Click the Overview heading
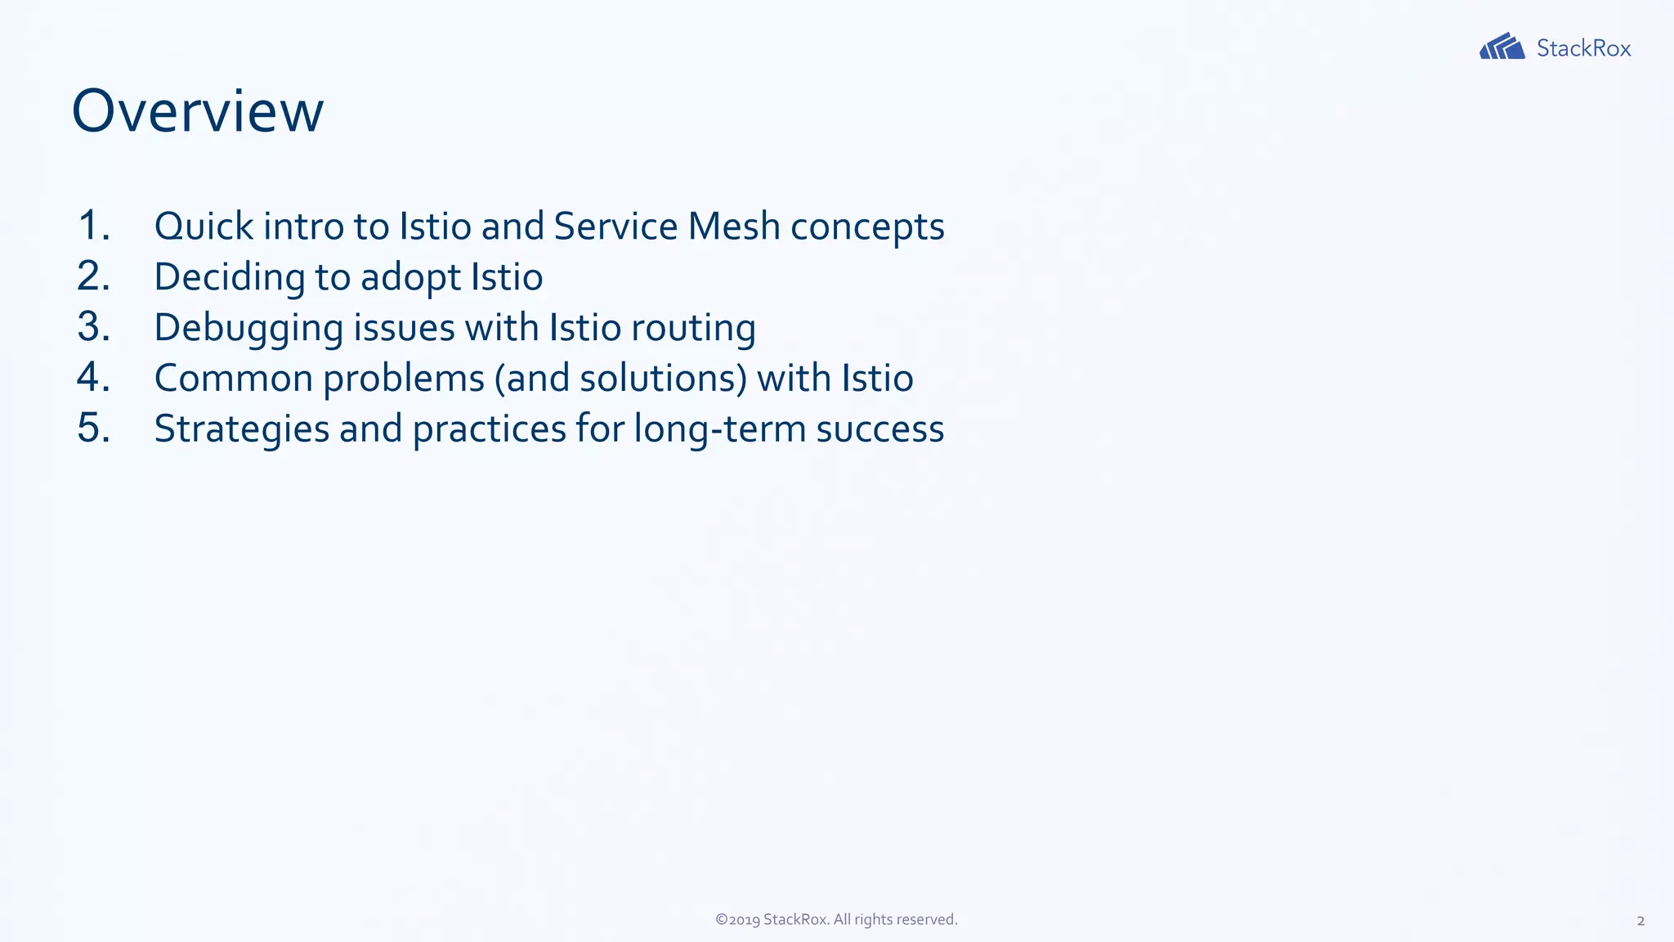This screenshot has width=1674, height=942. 198,111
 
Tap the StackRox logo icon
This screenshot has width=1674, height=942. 1502,47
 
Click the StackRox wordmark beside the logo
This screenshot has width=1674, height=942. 1583,48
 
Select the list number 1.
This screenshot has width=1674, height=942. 93,226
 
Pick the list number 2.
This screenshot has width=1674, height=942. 93,276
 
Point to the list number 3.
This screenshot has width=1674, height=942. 93,327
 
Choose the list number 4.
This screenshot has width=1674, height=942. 93,378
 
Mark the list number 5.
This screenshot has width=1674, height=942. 93,428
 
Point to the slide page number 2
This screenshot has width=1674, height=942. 1640,921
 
